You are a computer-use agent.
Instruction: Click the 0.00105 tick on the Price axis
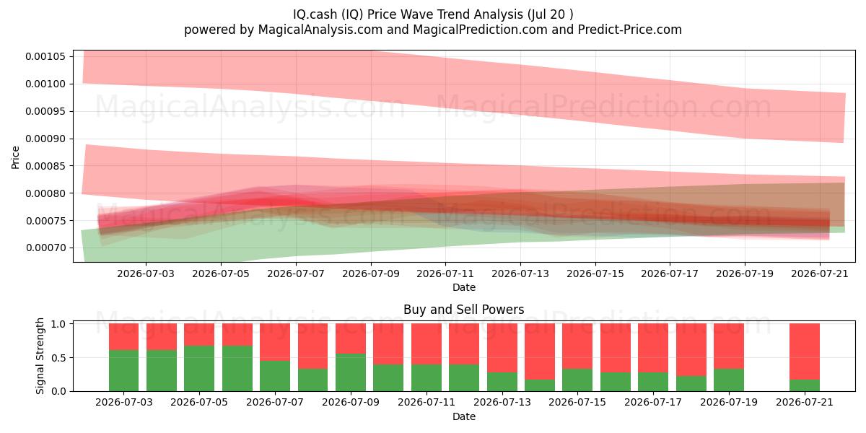[45, 57]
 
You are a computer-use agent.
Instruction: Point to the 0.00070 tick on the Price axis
[45, 248]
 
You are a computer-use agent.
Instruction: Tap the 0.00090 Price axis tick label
[45, 139]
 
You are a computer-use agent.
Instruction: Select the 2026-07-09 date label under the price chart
[371, 274]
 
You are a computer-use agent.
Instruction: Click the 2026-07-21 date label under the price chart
[820, 274]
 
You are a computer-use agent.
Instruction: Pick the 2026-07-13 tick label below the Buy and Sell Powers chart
[502, 403]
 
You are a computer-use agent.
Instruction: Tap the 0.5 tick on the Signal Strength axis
[59, 358]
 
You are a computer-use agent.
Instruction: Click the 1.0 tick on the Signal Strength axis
[59, 324]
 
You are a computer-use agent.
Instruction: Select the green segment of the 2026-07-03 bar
[123, 371]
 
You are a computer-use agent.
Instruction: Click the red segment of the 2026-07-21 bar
[805, 352]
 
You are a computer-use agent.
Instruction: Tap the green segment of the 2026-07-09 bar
[351, 372]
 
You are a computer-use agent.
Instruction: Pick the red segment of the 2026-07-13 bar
[502, 348]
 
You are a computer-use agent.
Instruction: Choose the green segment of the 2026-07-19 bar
[729, 380]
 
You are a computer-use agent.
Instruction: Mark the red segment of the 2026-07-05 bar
[199, 335]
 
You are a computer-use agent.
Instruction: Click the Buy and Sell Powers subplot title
[464, 310]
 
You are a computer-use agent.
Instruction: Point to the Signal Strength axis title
[40, 356]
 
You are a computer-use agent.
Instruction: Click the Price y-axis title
[15, 157]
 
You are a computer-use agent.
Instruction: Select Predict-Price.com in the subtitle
[630, 30]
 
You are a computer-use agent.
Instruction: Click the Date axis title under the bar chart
[464, 416]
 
